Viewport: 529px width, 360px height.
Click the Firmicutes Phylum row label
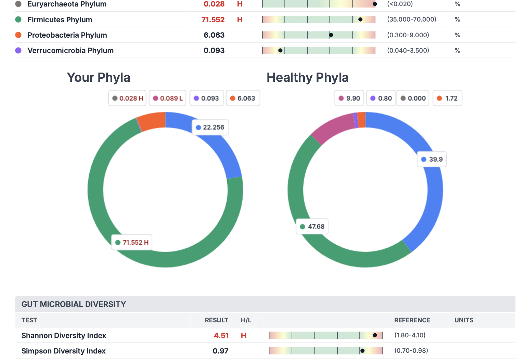(60, 20)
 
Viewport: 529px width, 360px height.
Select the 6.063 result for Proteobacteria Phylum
(214, 35)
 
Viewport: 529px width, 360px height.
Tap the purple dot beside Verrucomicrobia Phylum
(18, 50)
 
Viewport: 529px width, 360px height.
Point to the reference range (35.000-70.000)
(412, 20)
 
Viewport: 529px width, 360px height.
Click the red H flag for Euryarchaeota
(240, 4)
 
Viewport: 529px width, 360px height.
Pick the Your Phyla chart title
(99, 78)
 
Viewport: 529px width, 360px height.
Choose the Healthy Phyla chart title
(307, 78)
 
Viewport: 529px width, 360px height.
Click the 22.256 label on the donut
(210, 127)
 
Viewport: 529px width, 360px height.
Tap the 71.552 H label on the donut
(132, 242)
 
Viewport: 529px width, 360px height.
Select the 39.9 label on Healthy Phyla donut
(432, 159)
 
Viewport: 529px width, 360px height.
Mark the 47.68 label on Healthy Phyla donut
(312, 227)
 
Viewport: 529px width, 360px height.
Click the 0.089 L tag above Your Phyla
(168, 98)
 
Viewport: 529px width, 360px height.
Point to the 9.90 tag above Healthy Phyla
(349, 98)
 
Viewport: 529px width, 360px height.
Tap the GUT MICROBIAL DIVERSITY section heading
(74, 304)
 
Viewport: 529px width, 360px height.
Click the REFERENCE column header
(412, 320)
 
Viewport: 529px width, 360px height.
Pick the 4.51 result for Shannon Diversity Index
(221, 335)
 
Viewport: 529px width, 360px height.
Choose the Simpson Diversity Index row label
(63, 351)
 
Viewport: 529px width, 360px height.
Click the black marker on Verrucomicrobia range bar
(280, 50)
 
